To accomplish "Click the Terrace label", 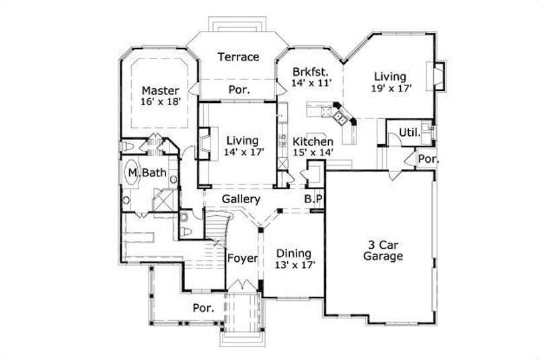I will tap(238, 57).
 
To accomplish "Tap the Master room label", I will tap(160, 90).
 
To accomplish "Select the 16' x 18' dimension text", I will tap(160, 102).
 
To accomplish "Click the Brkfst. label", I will tap(310, 72).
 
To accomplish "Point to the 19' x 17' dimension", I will tap(391, 87).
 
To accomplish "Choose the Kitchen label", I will tap(313, 142).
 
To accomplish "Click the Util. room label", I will tap(410, 133).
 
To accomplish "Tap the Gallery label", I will tap(242, 200).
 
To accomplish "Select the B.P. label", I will tap(313, 200).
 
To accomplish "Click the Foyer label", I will tap(241, 258).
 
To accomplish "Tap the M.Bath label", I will tap(148, 173).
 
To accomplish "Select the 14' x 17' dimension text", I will tap(242, 152).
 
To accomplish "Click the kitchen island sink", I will tap(342, 120).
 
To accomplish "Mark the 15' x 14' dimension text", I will tap(313, 153).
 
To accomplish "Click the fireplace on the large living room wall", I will tap(439, 75).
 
